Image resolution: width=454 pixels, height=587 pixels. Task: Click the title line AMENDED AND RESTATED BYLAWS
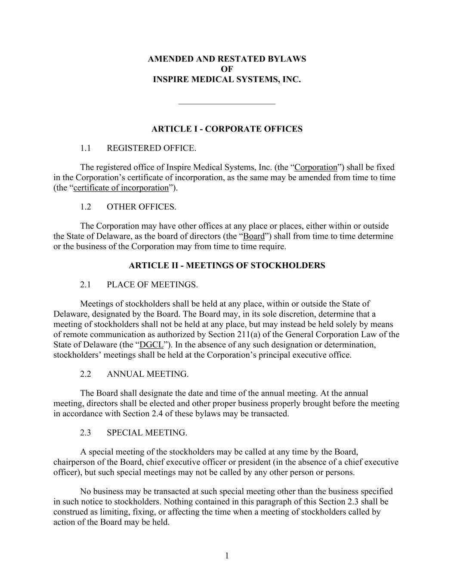click(227, 59)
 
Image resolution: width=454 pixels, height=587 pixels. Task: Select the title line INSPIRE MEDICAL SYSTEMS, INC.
click(227, 80)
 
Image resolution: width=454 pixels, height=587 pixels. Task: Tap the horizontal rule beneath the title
click(227, 104)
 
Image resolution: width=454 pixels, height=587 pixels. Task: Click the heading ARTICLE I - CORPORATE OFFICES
click(227, 129)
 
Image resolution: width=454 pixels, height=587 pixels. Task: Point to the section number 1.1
click(85, 148)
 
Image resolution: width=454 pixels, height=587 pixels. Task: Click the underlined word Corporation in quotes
click(316, 167)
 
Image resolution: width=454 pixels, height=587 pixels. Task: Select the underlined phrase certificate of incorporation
click(121, 188)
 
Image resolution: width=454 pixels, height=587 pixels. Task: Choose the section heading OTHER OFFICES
click(141, 207)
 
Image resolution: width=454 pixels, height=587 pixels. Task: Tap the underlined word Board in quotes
click(254, 236)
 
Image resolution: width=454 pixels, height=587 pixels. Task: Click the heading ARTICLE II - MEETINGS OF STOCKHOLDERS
click(227, 265)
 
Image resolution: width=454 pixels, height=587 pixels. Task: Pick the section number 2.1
click(85, 285)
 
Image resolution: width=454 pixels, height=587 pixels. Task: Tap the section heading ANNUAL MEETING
click(148, 374)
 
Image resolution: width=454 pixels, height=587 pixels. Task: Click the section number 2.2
click(85, 374)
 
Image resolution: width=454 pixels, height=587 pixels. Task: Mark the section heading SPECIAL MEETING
click(147, 433)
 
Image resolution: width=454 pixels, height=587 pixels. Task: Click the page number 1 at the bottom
click(227, 556)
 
